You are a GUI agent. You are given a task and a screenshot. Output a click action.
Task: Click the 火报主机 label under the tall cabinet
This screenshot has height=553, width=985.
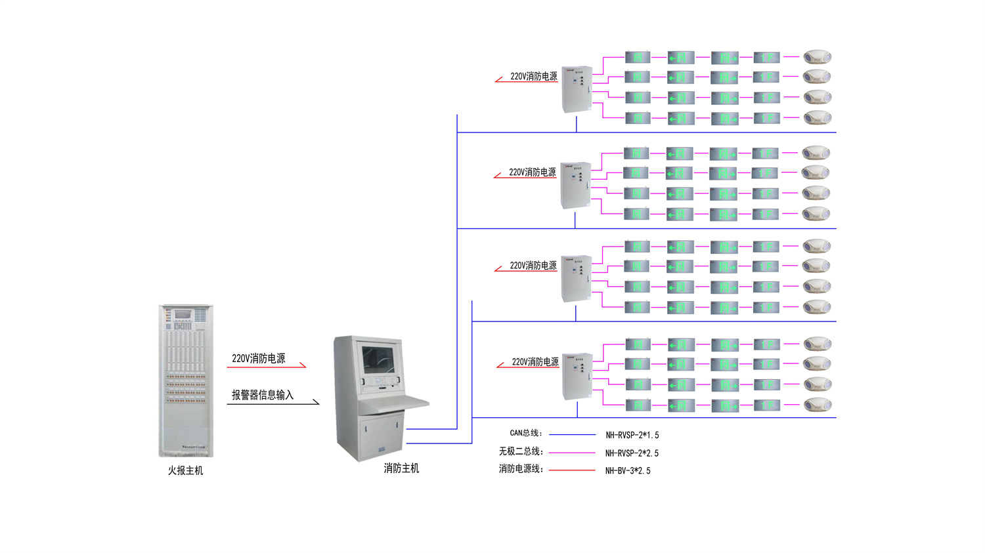(x=185, y=470)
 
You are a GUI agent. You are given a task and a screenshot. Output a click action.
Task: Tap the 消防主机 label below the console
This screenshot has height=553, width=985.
(x=401, y=468)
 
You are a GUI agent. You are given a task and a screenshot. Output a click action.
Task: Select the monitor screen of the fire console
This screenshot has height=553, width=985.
(x=379, y=359)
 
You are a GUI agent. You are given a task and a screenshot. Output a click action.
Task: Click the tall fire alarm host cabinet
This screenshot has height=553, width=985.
(x=186, y=380)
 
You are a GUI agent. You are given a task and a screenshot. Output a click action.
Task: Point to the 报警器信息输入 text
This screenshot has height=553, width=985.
(x=262, y=395)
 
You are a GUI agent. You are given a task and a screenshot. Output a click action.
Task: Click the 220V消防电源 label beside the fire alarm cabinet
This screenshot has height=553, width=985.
(x=258, y=358)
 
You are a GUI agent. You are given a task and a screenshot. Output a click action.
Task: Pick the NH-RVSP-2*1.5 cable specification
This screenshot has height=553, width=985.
(x=632, y=435)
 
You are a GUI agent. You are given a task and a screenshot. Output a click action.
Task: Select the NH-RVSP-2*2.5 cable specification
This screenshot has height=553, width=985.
(x=632, y=453)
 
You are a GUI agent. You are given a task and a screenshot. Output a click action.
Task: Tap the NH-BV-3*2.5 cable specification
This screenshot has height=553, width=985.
(x=628, y=470)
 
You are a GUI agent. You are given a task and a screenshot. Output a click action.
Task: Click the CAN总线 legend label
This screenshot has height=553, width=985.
(x=526, y=433)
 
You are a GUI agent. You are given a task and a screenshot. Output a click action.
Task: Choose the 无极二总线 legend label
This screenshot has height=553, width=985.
(x=521, y=451)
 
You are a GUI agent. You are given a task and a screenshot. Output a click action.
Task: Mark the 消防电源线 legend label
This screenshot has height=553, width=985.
(x=521, y=469)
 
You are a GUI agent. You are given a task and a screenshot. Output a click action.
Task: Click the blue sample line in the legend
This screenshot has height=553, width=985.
(x=572, y=434)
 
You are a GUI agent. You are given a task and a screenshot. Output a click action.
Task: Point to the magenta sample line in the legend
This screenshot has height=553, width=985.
(x=572, y=452)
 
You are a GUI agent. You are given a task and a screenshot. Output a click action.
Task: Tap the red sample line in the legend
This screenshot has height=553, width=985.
(x=572, y=470)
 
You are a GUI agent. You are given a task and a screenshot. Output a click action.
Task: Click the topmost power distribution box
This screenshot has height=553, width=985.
(x=577, y=89)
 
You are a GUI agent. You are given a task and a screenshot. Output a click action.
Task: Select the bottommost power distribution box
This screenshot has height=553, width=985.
(x=577, y=376)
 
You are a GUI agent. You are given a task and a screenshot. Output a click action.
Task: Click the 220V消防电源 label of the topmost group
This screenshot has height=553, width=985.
(x=533, y=76)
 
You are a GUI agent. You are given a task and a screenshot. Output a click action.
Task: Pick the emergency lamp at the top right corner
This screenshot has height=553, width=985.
(x=818, y=57)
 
